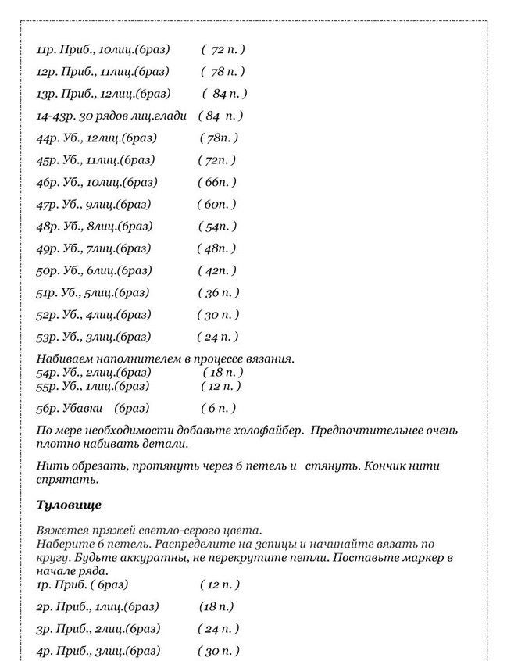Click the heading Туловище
69,505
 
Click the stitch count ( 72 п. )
223,49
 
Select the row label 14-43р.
55,116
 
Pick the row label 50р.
48,270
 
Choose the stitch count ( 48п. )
216,248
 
